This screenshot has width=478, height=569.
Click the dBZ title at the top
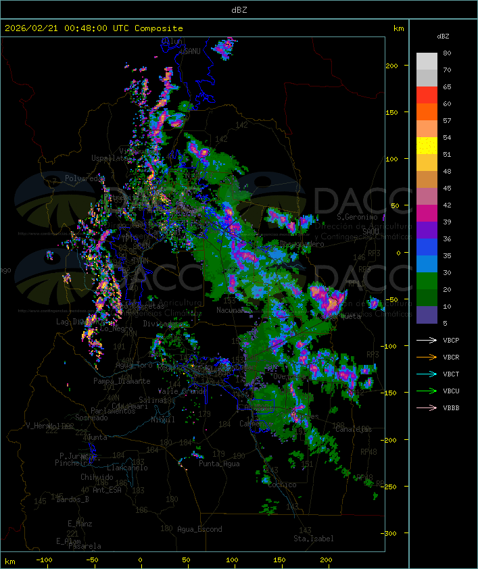pyautogui.click(x=239, y=9)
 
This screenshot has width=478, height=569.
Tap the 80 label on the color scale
pyautogui.click(x=448, y=53)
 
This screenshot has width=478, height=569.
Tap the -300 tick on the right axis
pyautogui.click(x=398, y=533)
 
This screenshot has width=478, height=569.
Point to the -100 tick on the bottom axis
pyautogui.click(x=47, y=560)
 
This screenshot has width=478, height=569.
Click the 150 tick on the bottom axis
pyautogui.click(x=279, y=560)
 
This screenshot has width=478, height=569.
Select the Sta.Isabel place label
pyautogui.click(x=313, y=539)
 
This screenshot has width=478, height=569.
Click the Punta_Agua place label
pyautogui.click(x=219, y=464)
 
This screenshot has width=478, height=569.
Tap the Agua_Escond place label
pyautogui.click(x=199, y=529)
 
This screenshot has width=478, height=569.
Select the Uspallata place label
pyautogui.click(x=109, y=158)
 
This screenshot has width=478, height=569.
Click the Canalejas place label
pyautogui.click(x=354, y=429)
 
